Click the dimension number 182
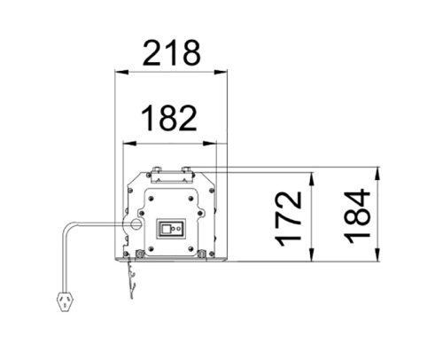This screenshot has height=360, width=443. (x=172, y=117)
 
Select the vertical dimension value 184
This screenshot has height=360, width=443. (x=359, y=215)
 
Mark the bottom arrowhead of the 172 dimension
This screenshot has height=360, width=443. (x=311, y=257)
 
